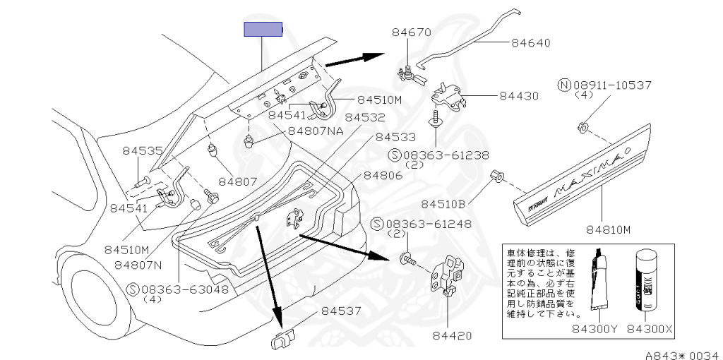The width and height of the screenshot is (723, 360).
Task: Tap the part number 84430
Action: (519, 95)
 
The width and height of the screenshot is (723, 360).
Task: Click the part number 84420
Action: (453, 336)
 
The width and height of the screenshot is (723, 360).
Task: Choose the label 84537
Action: (342, 311)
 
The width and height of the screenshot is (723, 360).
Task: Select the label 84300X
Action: (650, 328)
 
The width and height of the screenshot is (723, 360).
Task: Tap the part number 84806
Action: (383, 176)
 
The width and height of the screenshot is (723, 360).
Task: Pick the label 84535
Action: (142, 150)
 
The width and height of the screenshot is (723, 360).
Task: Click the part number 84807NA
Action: (315, 131)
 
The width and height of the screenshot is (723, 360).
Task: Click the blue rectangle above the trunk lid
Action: (263, 30)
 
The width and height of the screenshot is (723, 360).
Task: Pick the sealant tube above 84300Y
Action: (599, 282)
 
